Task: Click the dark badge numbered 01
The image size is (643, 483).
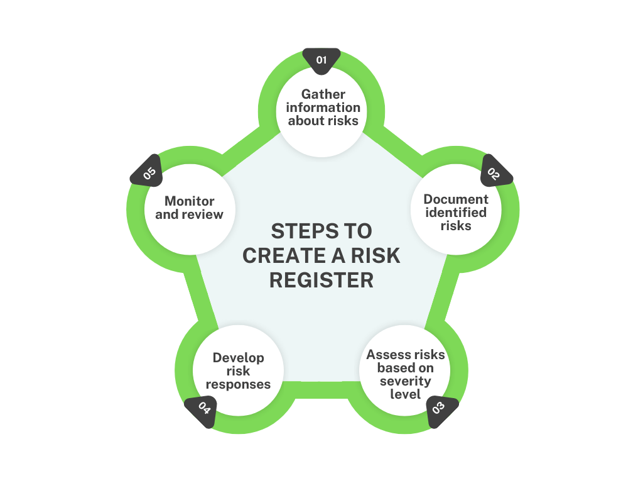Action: (321, 59)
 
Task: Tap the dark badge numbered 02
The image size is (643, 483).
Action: (494, 173)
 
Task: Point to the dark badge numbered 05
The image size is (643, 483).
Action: (149, 173)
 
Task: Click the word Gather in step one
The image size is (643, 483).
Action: (323, 94)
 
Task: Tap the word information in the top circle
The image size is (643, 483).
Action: (323, 108)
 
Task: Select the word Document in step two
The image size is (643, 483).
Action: (456, 199)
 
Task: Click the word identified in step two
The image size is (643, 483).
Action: (456, 213)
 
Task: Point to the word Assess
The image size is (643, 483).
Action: (386, 355)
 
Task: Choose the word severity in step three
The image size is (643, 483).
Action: (406, 381)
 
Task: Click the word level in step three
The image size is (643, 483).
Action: (406, 394)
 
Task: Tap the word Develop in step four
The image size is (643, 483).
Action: (239, 358)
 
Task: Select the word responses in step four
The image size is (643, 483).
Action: (239, 384)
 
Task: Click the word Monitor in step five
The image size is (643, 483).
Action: (190, 201)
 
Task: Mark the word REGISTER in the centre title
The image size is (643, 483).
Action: (321, 280)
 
